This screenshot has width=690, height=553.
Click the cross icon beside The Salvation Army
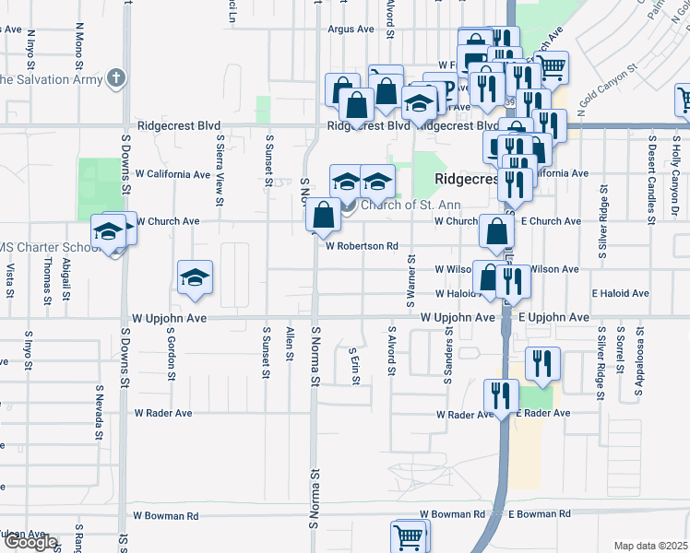coord(116,77)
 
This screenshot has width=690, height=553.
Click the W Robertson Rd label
coord(362,247)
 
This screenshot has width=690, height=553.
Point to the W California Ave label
coord(172,174)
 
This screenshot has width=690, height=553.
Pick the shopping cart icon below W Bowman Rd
coord(410,535)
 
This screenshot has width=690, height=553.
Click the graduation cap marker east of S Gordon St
coord(196,277)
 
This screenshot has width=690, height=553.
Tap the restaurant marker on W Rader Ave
coord(501,396)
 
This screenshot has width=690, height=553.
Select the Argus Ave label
coord(351,29)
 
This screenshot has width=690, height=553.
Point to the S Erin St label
coord(354,366)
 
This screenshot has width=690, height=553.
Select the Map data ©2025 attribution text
coord(651,546)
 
